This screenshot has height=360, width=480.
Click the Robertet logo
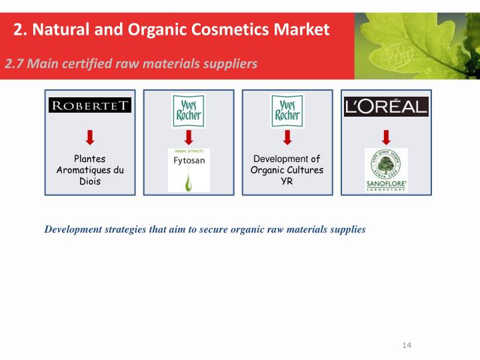point(90,105)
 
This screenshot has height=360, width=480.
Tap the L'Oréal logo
point(386,106)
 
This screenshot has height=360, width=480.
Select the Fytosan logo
point(189,169)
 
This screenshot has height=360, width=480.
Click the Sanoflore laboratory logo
point(386,171)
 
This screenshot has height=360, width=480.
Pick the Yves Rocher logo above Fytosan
point(189,111)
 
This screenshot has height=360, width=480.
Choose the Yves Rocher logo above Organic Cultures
point(287,111)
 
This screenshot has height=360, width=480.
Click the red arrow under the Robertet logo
point(90,137)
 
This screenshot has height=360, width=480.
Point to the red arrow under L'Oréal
point(386,137)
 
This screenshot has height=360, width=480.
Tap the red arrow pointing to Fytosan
point(189,137)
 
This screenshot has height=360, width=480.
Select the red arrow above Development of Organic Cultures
point(287,137)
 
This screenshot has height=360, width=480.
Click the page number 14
point(407,345)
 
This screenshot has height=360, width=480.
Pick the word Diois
point(90,181)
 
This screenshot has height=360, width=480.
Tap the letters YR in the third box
point(287,181)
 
